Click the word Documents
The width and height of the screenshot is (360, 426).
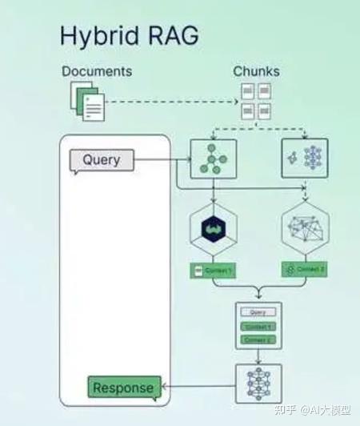pyautogui.click(x=97, y=72)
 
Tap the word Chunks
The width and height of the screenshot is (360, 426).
pyautogui.click(x=256, y=72)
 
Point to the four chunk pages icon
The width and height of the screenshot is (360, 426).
pyautogui.click(x=256, y=102)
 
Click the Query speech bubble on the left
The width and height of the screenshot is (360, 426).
pyautogui.click(x=101, y=159)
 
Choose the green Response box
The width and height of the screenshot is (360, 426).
pyautogui.click(x=123, y=388)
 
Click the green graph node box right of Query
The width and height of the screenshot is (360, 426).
pyautogui.click(x=214, y=157)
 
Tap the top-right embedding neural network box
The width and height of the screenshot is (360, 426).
pyautogui.click(x=305, y=157)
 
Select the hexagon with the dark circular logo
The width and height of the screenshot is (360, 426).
pyautogui.click(x=214, y=228)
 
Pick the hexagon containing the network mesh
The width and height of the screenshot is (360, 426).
pyautogui.click(x=305, y=228)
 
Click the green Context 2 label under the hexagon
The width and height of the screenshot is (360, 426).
pyautogui.click(x=305, y=270)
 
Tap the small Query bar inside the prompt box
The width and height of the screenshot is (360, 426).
pyautogui.click(x=258, y=312)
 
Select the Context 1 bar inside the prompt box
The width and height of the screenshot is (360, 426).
pyautogui.click(x=258, y=327)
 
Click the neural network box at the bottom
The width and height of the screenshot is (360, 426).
pyautogui.click(x=258, y=383)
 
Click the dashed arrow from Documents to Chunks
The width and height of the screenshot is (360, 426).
pyautogui.click(x=172, y=102)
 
